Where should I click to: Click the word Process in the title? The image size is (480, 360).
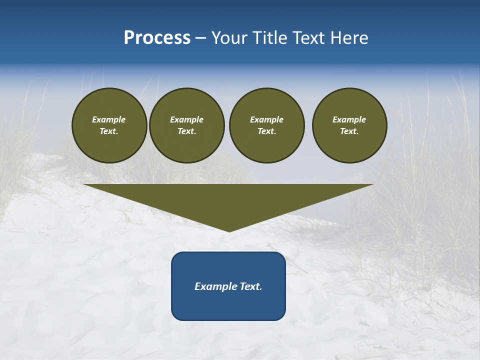coord(157,38)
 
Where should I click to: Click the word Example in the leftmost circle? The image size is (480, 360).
coord(109,119)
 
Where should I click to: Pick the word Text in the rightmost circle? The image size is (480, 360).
coord(348,131)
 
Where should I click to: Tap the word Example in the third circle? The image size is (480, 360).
coord(266,119)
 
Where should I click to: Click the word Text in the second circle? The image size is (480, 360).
coord(186,131)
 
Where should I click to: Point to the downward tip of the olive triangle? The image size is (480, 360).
coord(229,230)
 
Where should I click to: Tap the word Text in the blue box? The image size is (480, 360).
coord(251,286)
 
